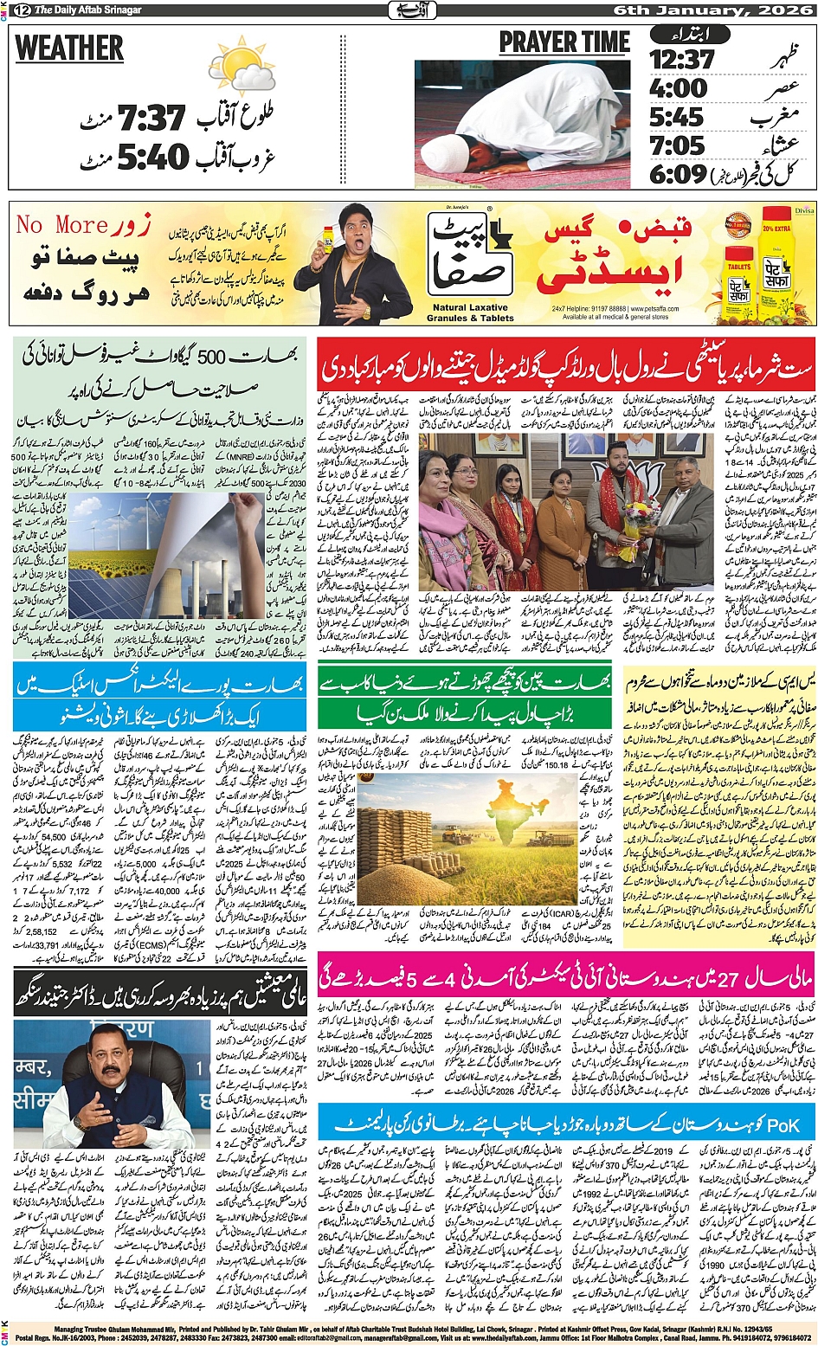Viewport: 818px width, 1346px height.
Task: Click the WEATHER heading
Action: (69, 48)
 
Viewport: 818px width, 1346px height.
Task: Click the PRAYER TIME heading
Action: (564, 42)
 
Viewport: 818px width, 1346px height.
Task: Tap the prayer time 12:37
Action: (682, 60)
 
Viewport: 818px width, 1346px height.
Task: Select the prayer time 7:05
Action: (677, 145)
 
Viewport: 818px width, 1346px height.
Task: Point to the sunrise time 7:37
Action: (151, 118)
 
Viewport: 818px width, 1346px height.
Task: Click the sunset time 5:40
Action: (152, 157)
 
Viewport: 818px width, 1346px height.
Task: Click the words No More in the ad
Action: (61, 225)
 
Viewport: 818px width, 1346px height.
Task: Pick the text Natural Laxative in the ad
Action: (470, 307)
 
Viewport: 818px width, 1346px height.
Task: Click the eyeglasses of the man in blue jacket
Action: (111, 1055)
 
